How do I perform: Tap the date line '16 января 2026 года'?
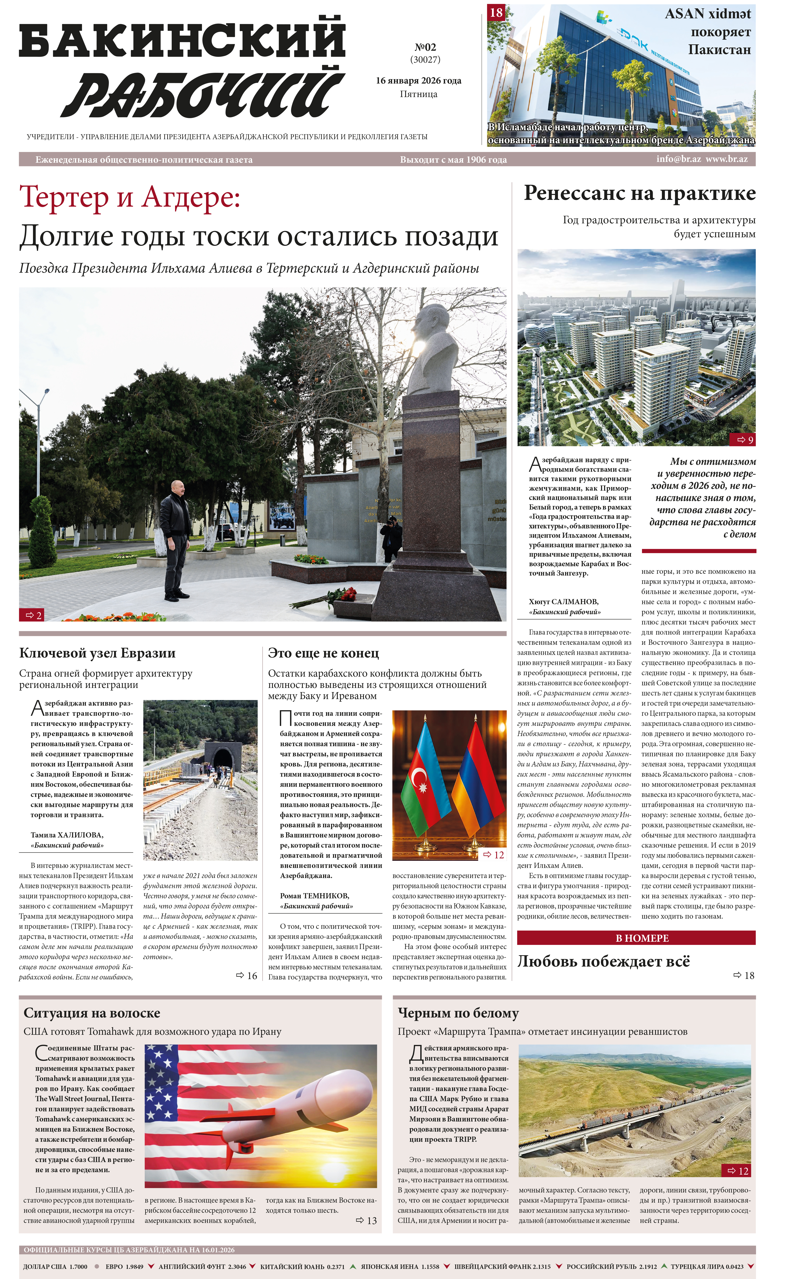[418, 81]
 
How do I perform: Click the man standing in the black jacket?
[176, 539]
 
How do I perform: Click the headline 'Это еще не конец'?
[323, 653]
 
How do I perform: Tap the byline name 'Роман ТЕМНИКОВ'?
[315, 896]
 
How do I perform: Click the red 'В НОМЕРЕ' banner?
[636, 938]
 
